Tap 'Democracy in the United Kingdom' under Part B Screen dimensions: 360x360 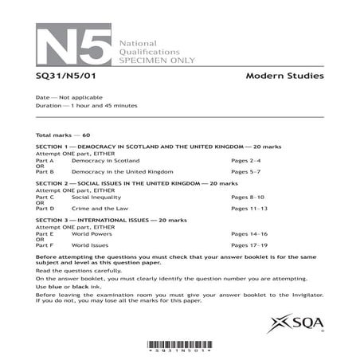click(x=122, y=171)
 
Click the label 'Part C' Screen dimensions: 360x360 click(x=45, y=196)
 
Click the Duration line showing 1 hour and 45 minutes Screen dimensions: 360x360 click(x=87, y=105)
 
